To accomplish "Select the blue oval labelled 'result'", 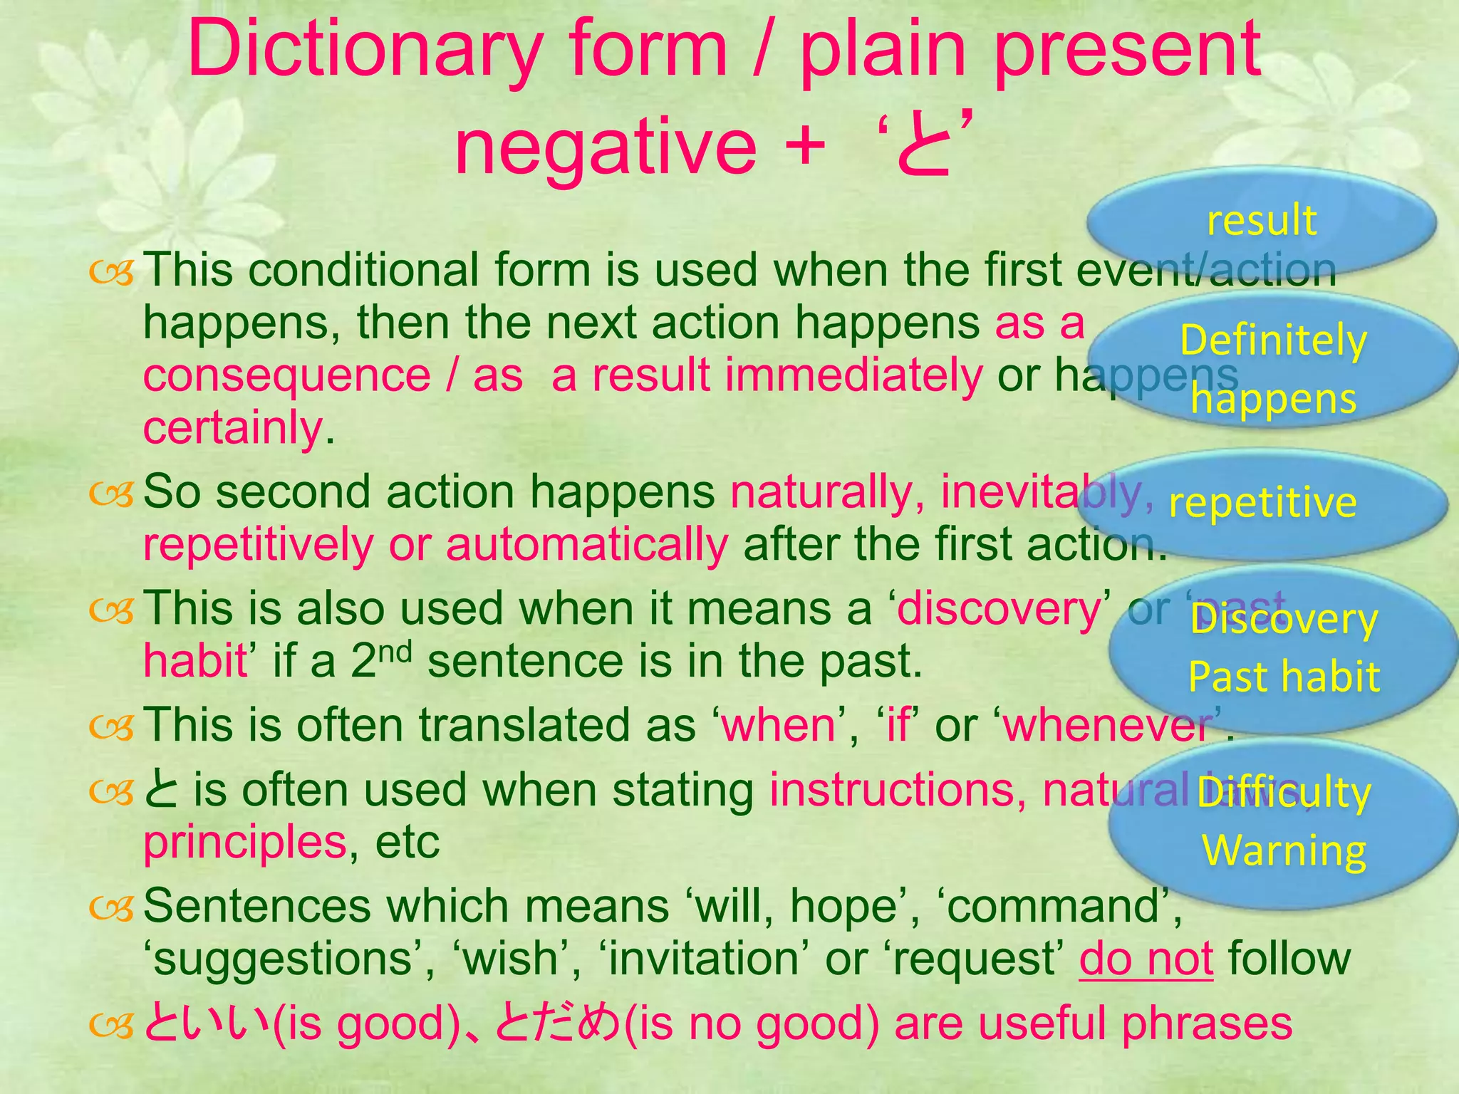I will (1261, 220).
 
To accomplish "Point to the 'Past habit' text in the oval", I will (1284, 676).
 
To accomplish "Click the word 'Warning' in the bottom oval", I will (1284, 850).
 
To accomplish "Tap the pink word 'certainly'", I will (233, 428).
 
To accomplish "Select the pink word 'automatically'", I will (586, 545).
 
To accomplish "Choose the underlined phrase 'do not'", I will (1146, 959).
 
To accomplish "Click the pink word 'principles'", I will (244, 843).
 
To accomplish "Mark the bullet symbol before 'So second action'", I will (112, 494).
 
